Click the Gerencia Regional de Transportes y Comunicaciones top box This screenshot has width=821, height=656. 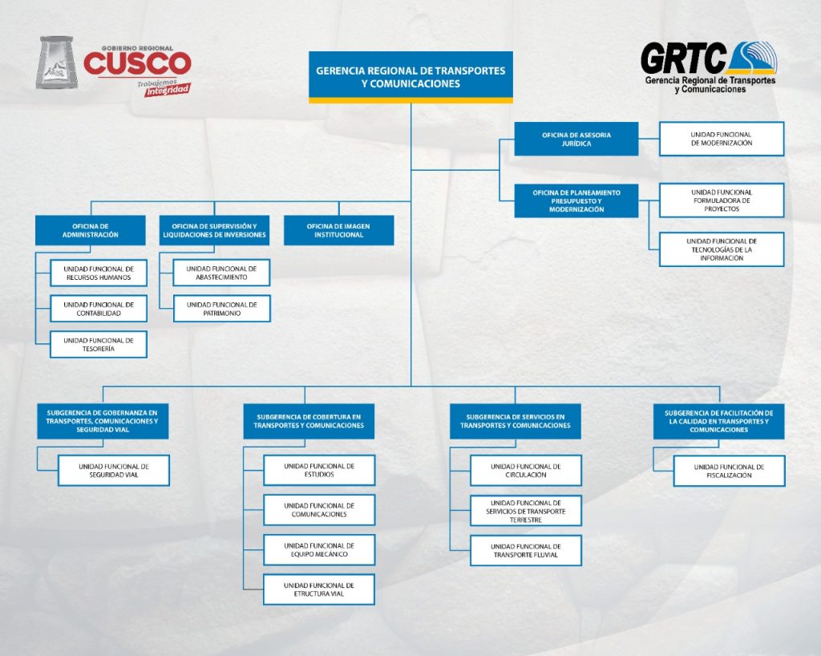coord(410,77)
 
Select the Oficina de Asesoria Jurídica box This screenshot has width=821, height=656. coord(576,139)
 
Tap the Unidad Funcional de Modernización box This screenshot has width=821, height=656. coord(722,139)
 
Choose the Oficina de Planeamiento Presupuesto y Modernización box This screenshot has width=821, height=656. coord(576,200)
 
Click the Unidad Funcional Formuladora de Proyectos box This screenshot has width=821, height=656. coord(722,200)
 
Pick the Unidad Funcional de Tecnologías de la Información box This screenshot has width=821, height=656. coord(722,249)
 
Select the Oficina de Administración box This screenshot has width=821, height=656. coord(90,230)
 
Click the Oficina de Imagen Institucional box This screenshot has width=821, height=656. coord(338,230)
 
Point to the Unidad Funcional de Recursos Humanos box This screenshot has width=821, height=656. coord(99,273)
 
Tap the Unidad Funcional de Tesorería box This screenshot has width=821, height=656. coord(99,344)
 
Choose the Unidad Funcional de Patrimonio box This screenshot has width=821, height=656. coord(221,309)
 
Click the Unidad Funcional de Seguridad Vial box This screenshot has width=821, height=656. coord(114,470)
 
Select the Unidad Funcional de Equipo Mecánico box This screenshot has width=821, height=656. coord(319,549)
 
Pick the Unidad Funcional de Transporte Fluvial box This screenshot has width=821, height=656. coord(526,550)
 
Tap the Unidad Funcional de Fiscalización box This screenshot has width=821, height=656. coord(729,471)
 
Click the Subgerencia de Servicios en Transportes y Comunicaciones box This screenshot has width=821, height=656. coord(516,421)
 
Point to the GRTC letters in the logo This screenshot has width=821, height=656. coord(683,59)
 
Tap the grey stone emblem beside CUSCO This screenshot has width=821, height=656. coord(57,63)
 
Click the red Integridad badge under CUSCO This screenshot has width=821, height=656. coord(168,90)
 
